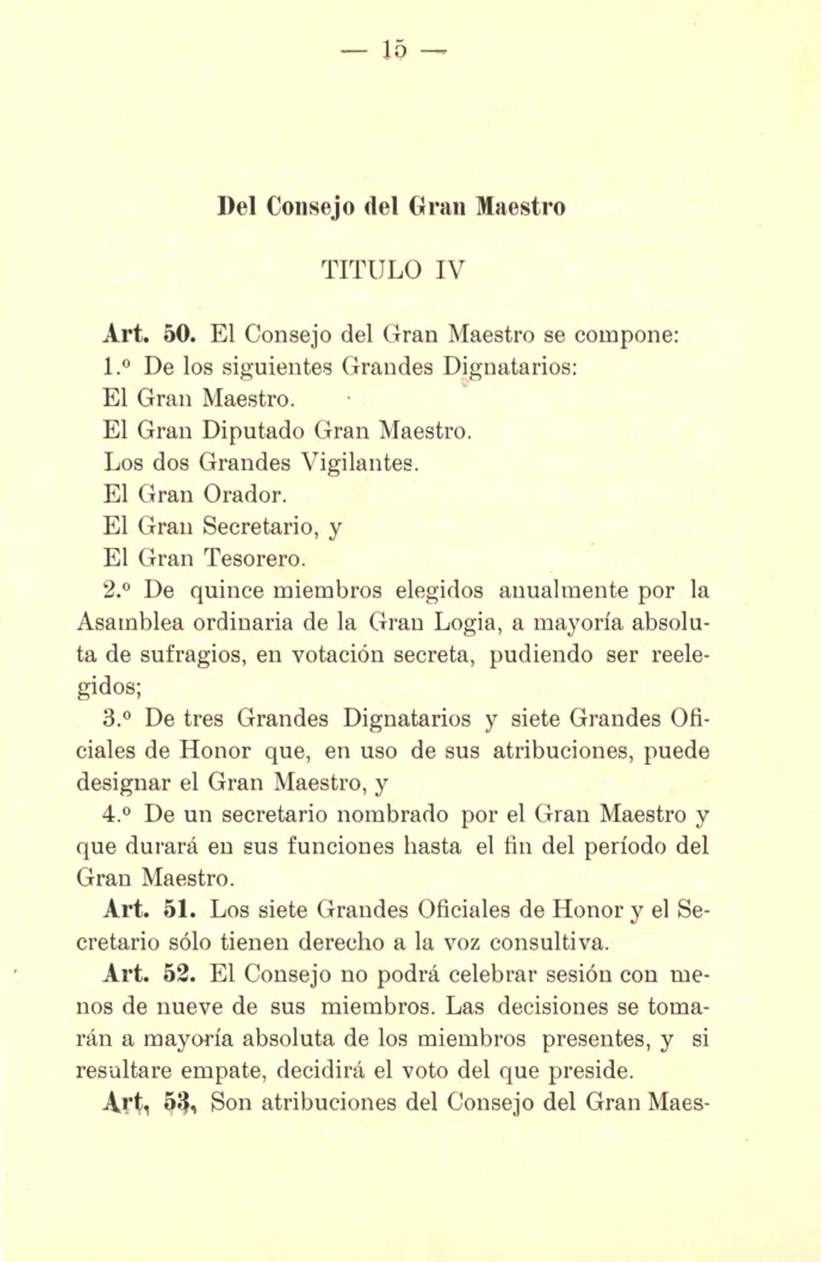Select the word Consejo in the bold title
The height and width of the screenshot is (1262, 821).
(x=311, y=207)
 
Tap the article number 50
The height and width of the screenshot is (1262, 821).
(x=178, y=334)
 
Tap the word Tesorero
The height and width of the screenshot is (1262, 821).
(x=255, y=559)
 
